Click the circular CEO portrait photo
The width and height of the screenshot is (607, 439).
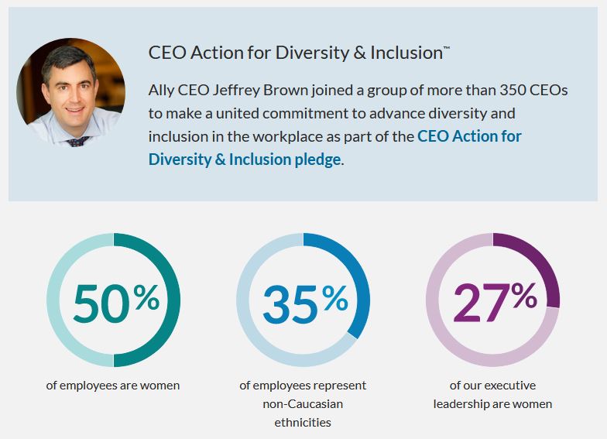point(71,93)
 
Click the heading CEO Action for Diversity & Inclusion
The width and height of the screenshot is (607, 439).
point(299,53)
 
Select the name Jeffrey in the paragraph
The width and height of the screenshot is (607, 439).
point(237,91)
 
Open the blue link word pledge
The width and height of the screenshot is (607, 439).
point(317,159)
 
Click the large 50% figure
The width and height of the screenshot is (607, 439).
point(116,304)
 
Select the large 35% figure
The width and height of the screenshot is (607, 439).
point(305,304)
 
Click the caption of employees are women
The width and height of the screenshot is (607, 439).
point(113,386)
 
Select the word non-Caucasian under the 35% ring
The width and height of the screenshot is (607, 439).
point(303,404)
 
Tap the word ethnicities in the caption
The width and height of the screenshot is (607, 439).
point(303,423)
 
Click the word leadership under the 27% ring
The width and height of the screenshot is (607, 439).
point(461,404)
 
